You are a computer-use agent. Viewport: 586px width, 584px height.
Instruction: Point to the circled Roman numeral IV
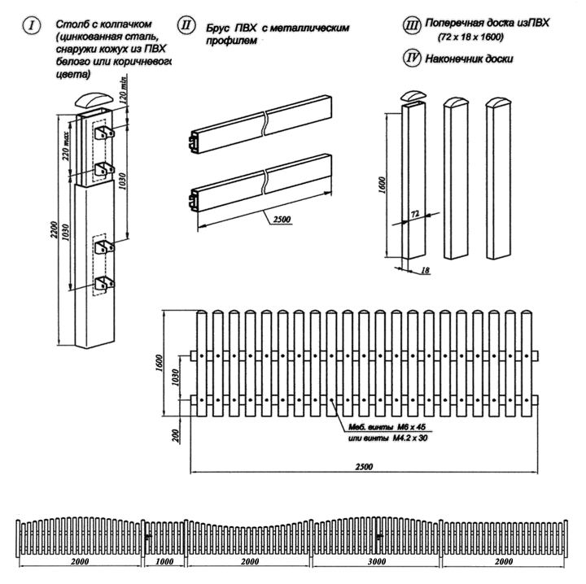pos(413,59)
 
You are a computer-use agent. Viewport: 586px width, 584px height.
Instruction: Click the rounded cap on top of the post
pos(91,102)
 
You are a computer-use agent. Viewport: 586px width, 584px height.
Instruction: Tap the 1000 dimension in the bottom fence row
pos(165,563)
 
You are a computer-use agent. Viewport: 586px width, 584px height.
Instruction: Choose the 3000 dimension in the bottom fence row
pos(375,563)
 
